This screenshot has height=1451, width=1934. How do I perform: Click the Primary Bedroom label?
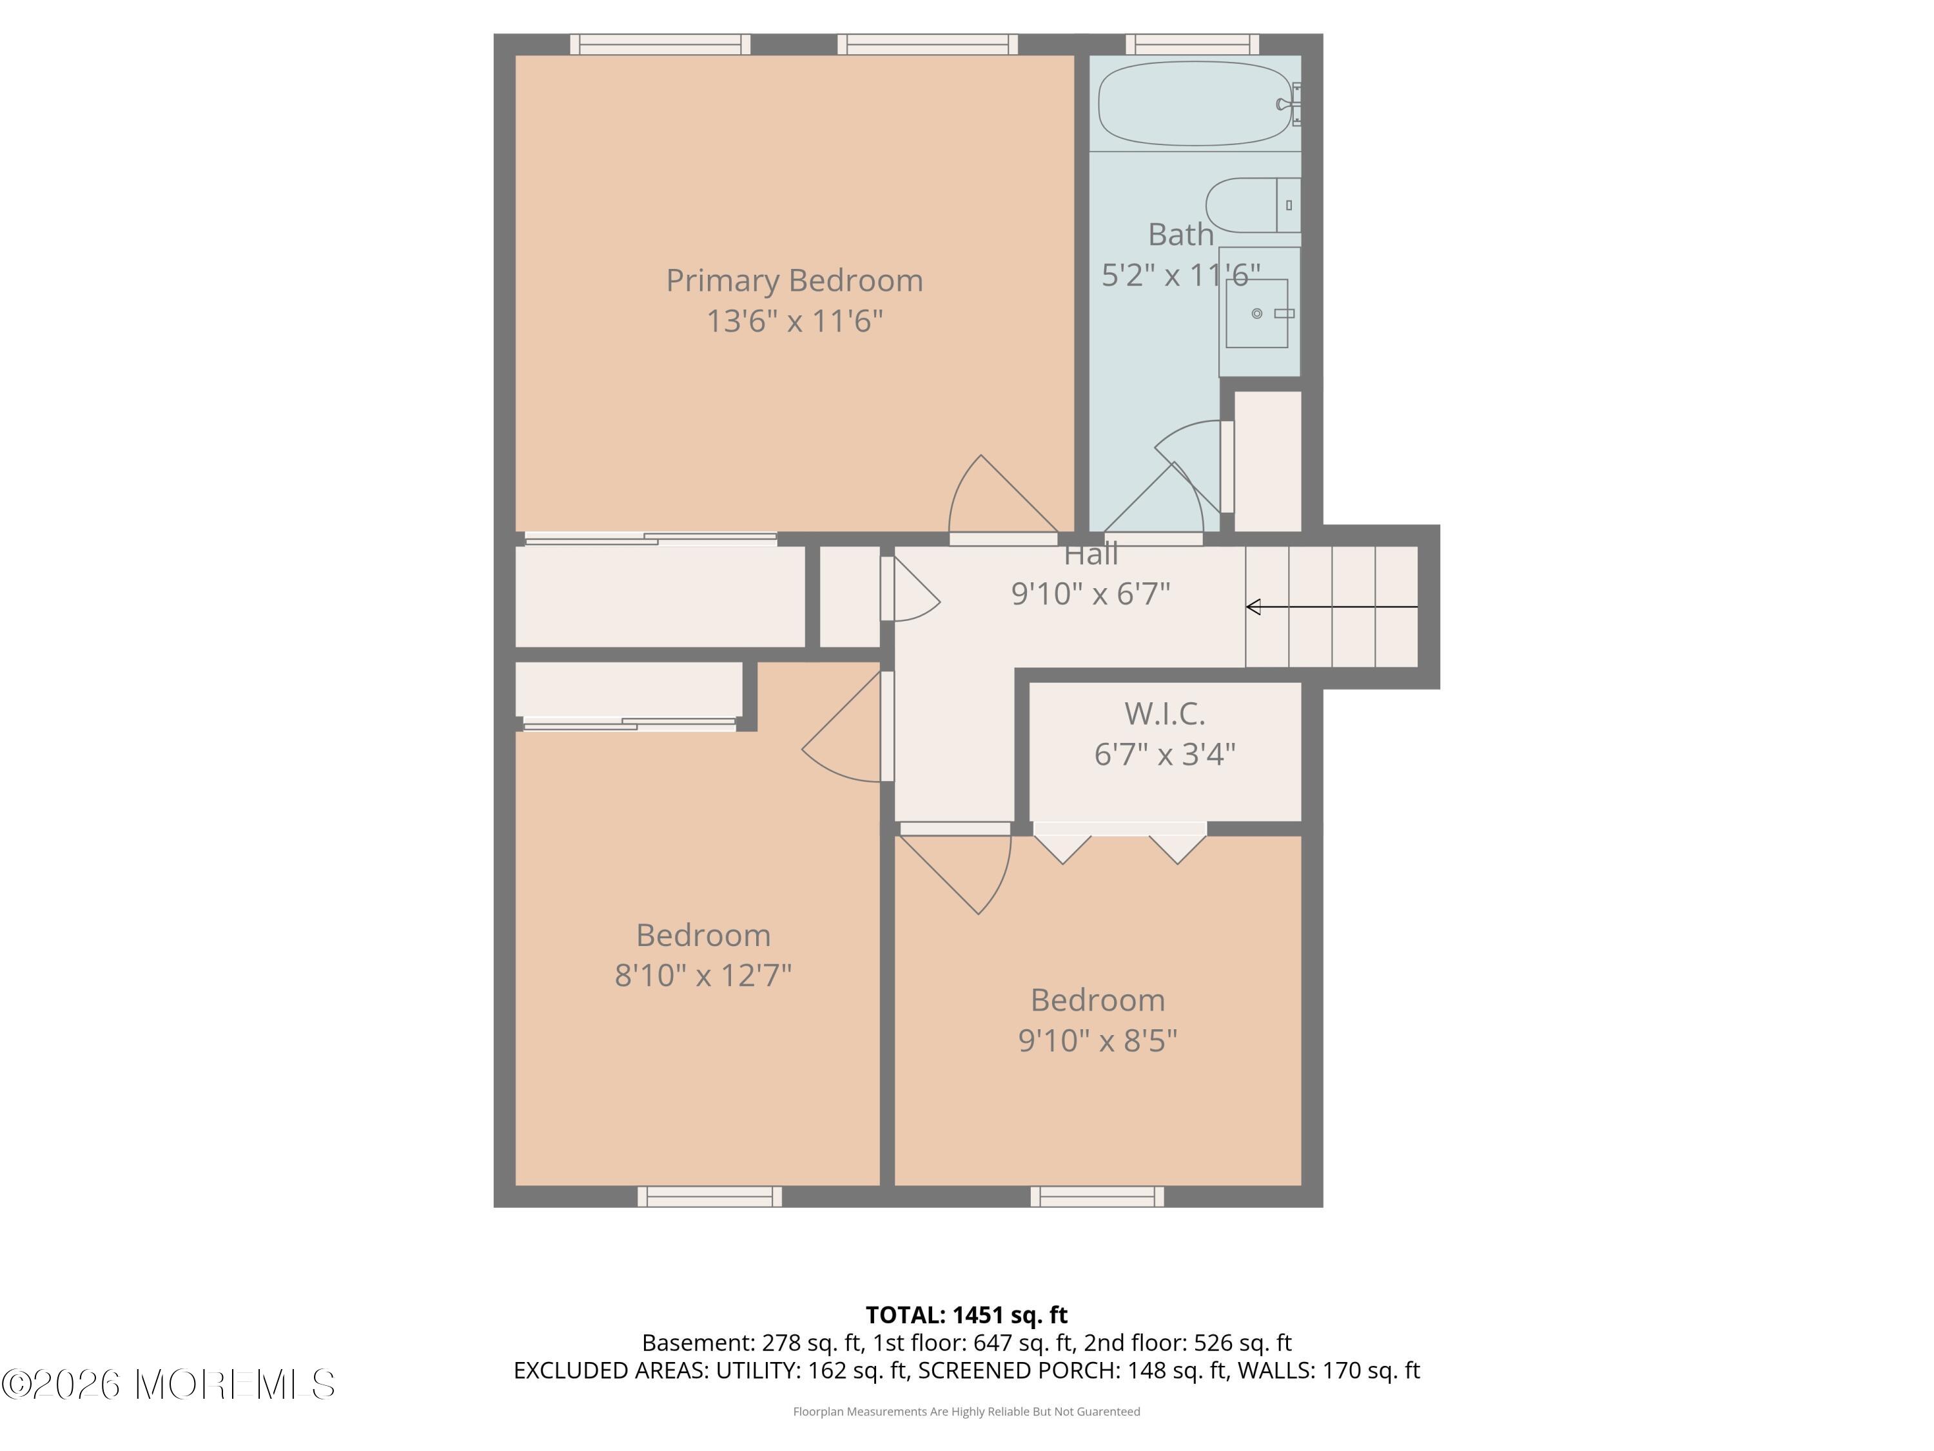[794, 281]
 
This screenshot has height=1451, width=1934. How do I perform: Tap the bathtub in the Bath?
[1196, 103]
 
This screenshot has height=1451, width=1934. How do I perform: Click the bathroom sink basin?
[1256, 313]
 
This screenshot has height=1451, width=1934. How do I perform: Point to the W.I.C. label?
[1165, 714]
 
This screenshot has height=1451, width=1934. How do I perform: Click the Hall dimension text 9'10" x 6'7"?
[1090, 594]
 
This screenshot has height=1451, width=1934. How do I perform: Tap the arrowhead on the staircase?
[1253, 607]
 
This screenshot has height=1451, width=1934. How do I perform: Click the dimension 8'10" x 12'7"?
[703, 974]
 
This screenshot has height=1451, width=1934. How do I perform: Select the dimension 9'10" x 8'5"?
[1097, 1040]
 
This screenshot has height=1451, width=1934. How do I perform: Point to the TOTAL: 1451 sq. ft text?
[966, 1314]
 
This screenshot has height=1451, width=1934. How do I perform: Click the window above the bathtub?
[1192, 44]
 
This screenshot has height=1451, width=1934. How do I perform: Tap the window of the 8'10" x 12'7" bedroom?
[709, 1196]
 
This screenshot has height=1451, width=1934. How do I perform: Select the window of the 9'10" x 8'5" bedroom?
[1097, 1196]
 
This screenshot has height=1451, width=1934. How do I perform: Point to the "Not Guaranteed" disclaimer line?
[966, 1411]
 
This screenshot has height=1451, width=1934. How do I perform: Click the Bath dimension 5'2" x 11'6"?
[1180, 275]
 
